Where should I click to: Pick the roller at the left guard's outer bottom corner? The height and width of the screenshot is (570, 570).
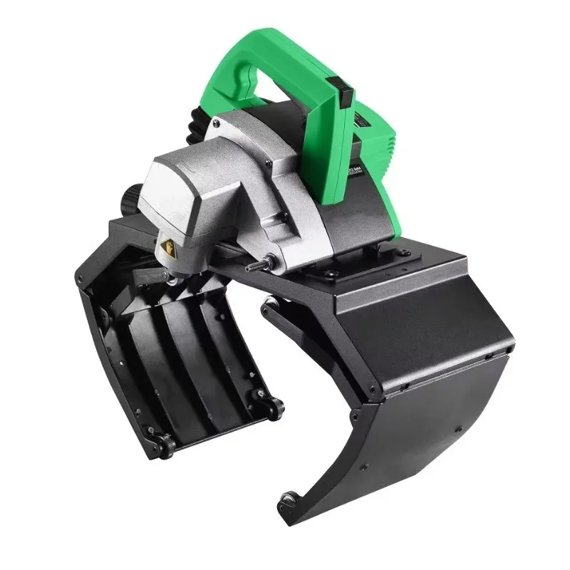[162, 446]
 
